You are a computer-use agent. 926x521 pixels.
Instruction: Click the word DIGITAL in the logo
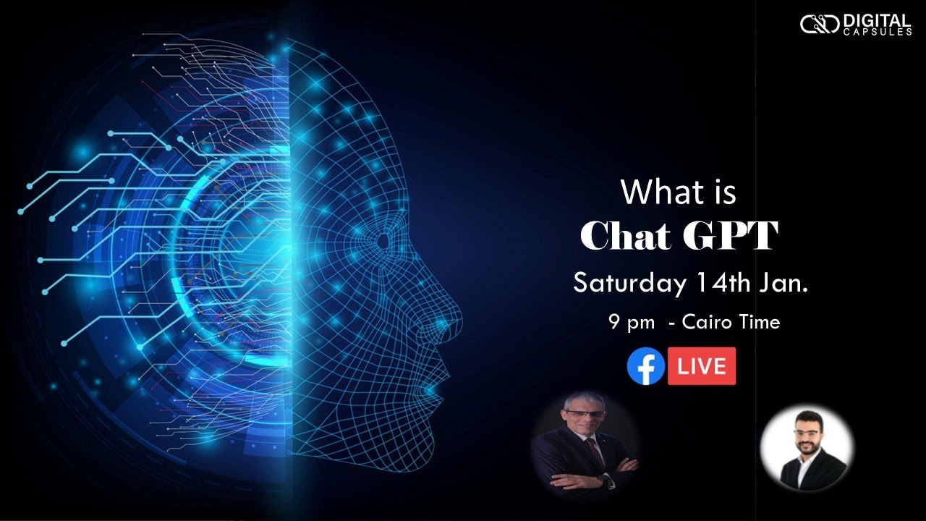tap(878, 21)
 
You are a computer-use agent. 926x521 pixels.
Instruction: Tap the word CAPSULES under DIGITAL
tap(878, 32)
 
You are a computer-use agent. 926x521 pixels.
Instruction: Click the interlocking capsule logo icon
tap(820, 24)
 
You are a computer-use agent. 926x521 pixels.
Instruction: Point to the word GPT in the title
tap(730, 235)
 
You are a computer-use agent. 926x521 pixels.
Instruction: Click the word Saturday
tap(629, 284)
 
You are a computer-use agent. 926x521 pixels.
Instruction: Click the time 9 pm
tap(632, 323)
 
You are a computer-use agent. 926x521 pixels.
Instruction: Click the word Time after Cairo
tap(757, 322)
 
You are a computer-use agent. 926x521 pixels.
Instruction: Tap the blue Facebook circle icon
tap(646, 366)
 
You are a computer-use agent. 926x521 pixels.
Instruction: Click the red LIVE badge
tap(702, 366)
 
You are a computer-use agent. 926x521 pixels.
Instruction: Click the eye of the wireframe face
tap(383, 241)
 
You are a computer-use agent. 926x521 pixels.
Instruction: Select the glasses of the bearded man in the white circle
tap(807, 433)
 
